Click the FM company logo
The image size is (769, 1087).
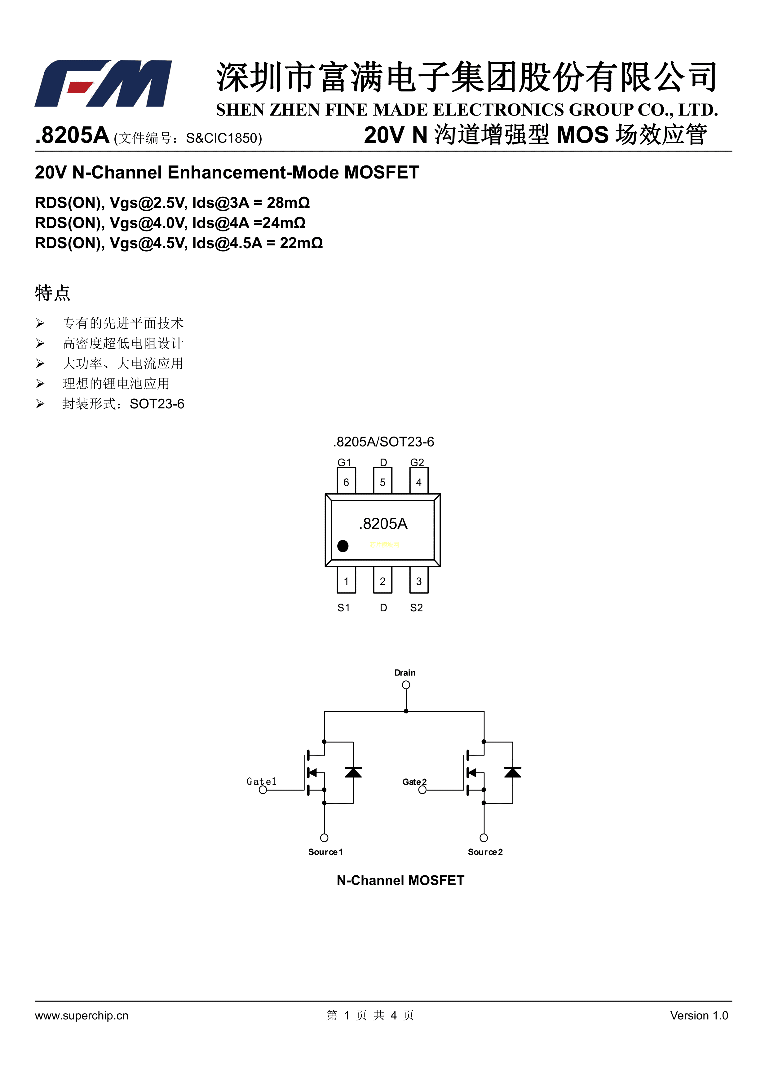click(x=103, y=83)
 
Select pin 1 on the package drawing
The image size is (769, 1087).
click(x=346, y=580)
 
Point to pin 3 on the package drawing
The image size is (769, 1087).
click(x=418, y=580)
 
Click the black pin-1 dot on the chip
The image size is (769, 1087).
click(x=343, y=546)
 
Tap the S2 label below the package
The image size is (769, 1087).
click(x=416, y=608)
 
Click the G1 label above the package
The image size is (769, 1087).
click(x=344, y=462)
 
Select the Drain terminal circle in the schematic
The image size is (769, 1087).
click(x=406, y=685)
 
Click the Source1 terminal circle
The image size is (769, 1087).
click(x=324, y=838)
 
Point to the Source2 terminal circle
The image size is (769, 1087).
click(x=484, y=838)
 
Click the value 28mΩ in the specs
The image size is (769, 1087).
click(x=288, y=203)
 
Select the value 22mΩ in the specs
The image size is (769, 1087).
click(x=301, y=243)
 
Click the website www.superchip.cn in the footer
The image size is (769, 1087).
click(x=82, y=1015)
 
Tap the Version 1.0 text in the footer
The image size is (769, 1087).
click(x=699, y=1015)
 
